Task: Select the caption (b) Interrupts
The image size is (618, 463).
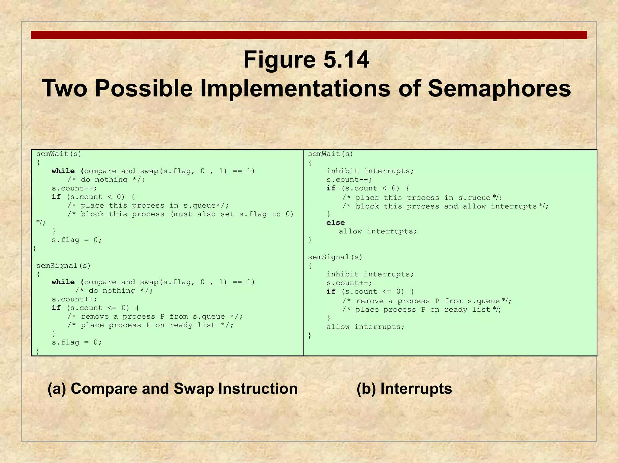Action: click(x=404, y=389)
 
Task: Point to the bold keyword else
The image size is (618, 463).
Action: click(x=335, y=222)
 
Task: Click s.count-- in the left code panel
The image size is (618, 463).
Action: click(x=74, y=188)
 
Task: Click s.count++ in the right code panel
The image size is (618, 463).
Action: click(x=349, y=283)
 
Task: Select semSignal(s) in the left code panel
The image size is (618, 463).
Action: click(x=63, y=266)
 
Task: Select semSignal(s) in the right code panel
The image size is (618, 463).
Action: click(x=335, y=257)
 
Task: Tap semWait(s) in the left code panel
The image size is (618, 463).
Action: click(x=59, y=154)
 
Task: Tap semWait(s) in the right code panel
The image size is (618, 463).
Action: click(x=330, y=154)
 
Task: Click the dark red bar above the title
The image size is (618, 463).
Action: click(x=309, y=35)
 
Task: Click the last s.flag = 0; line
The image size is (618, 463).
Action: click(x=77, y=342)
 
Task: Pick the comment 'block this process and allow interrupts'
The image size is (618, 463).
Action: click(x=445, y=206)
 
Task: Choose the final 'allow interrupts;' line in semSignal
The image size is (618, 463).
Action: click(x=365, y=327)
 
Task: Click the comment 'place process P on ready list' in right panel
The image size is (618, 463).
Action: click(x=421, y=310)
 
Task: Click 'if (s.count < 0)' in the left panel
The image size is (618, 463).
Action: click(x=93, y=197)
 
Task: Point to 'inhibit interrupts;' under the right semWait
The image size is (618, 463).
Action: click(x=370, y=171)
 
